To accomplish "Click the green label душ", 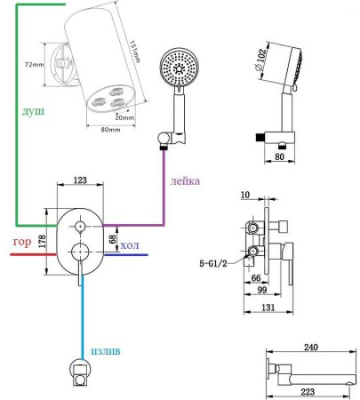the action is click(33, 111).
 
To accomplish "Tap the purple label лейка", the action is click(185, 180).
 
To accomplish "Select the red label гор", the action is click(22, 242).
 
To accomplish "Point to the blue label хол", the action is click(130, 245).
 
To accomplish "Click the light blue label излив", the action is click(106, 351).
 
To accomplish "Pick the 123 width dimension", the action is click(80, 180).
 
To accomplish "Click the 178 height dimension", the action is click(42, 242).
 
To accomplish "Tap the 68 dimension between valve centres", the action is click(112, 239).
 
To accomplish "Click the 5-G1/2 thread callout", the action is click(213, 263).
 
